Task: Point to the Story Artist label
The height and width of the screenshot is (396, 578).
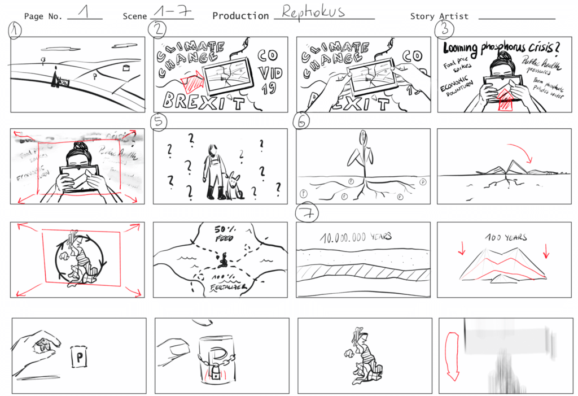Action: [439, 16]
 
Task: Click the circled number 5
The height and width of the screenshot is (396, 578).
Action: [157, 121]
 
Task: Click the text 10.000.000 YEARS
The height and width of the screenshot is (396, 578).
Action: [355, 237]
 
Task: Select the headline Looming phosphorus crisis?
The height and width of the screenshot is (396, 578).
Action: [501, 49]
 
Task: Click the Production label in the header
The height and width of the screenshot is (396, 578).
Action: [241, 16]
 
